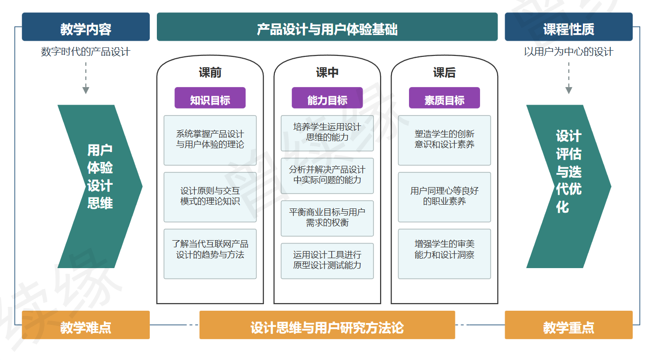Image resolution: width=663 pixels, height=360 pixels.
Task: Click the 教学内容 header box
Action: click(86, 27)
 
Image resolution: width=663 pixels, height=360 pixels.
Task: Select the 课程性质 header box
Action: click(568, 27)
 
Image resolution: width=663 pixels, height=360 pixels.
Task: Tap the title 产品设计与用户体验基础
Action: click(327, 27)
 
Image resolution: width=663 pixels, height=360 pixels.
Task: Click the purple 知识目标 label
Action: click(210, 98)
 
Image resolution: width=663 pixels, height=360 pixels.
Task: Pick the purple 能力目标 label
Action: click(327, 98)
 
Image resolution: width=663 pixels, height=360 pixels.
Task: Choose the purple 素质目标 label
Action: click(444, 98)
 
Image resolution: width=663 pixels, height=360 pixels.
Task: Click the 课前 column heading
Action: click(210, 72)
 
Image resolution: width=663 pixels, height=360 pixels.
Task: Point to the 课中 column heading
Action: click(327, 72)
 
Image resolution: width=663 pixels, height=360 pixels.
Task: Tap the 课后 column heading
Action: click(444, 72)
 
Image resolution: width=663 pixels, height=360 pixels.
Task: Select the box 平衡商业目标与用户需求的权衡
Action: click(327, 218)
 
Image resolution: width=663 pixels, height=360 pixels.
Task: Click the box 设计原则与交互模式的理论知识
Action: click(210, 197)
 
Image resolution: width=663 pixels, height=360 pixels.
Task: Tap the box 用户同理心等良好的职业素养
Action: click(444, 197)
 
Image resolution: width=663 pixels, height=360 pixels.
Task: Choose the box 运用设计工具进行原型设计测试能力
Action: click(327, 261)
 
